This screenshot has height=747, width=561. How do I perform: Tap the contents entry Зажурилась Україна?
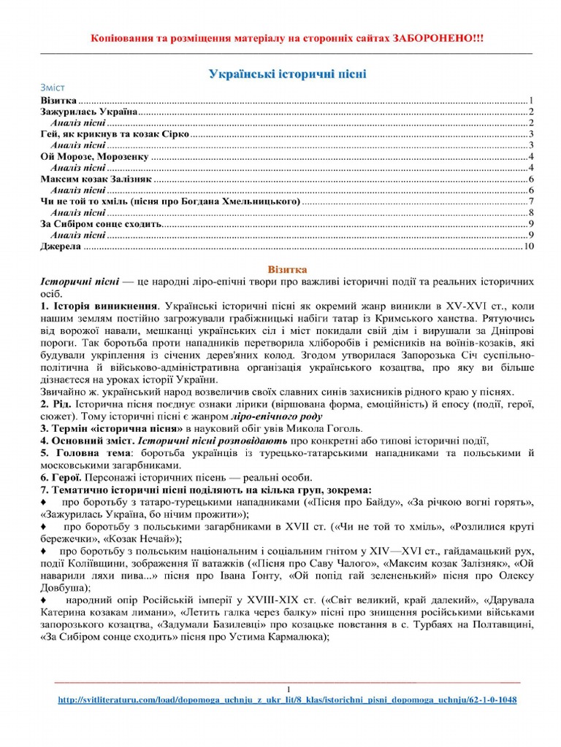coord(88,112)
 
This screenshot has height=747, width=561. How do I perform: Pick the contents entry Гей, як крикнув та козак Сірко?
coord(115,135)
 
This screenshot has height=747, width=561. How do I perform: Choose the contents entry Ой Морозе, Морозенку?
coord(94,157)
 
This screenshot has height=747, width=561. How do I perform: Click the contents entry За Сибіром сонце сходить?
coord(99,224)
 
